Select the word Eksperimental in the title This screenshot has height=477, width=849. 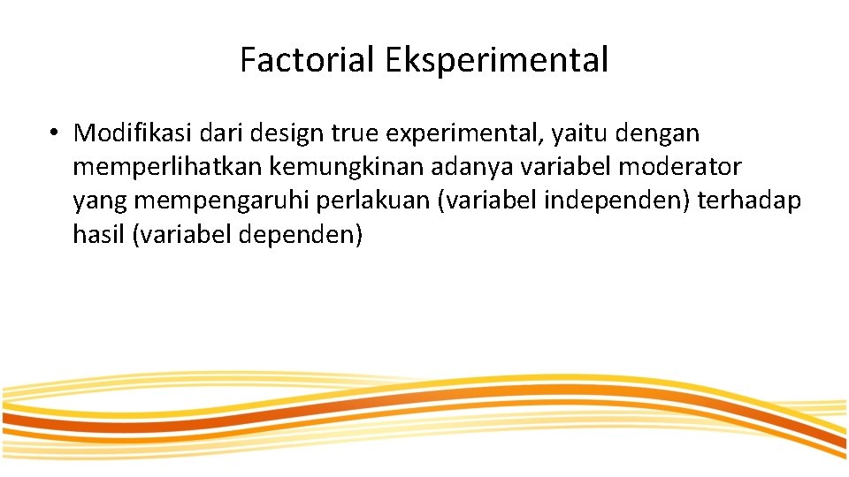click(x=496, y=61)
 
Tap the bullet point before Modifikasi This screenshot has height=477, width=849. click(x=54, y=133)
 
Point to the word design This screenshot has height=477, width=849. click(x=287, y=134)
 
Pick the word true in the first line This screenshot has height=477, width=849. click(x=352, y=133)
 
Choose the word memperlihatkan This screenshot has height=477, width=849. click(x=169, y=168)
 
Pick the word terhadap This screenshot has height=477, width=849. click(x=749, y=201)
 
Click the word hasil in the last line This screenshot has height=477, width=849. click(x=98, y=236)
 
